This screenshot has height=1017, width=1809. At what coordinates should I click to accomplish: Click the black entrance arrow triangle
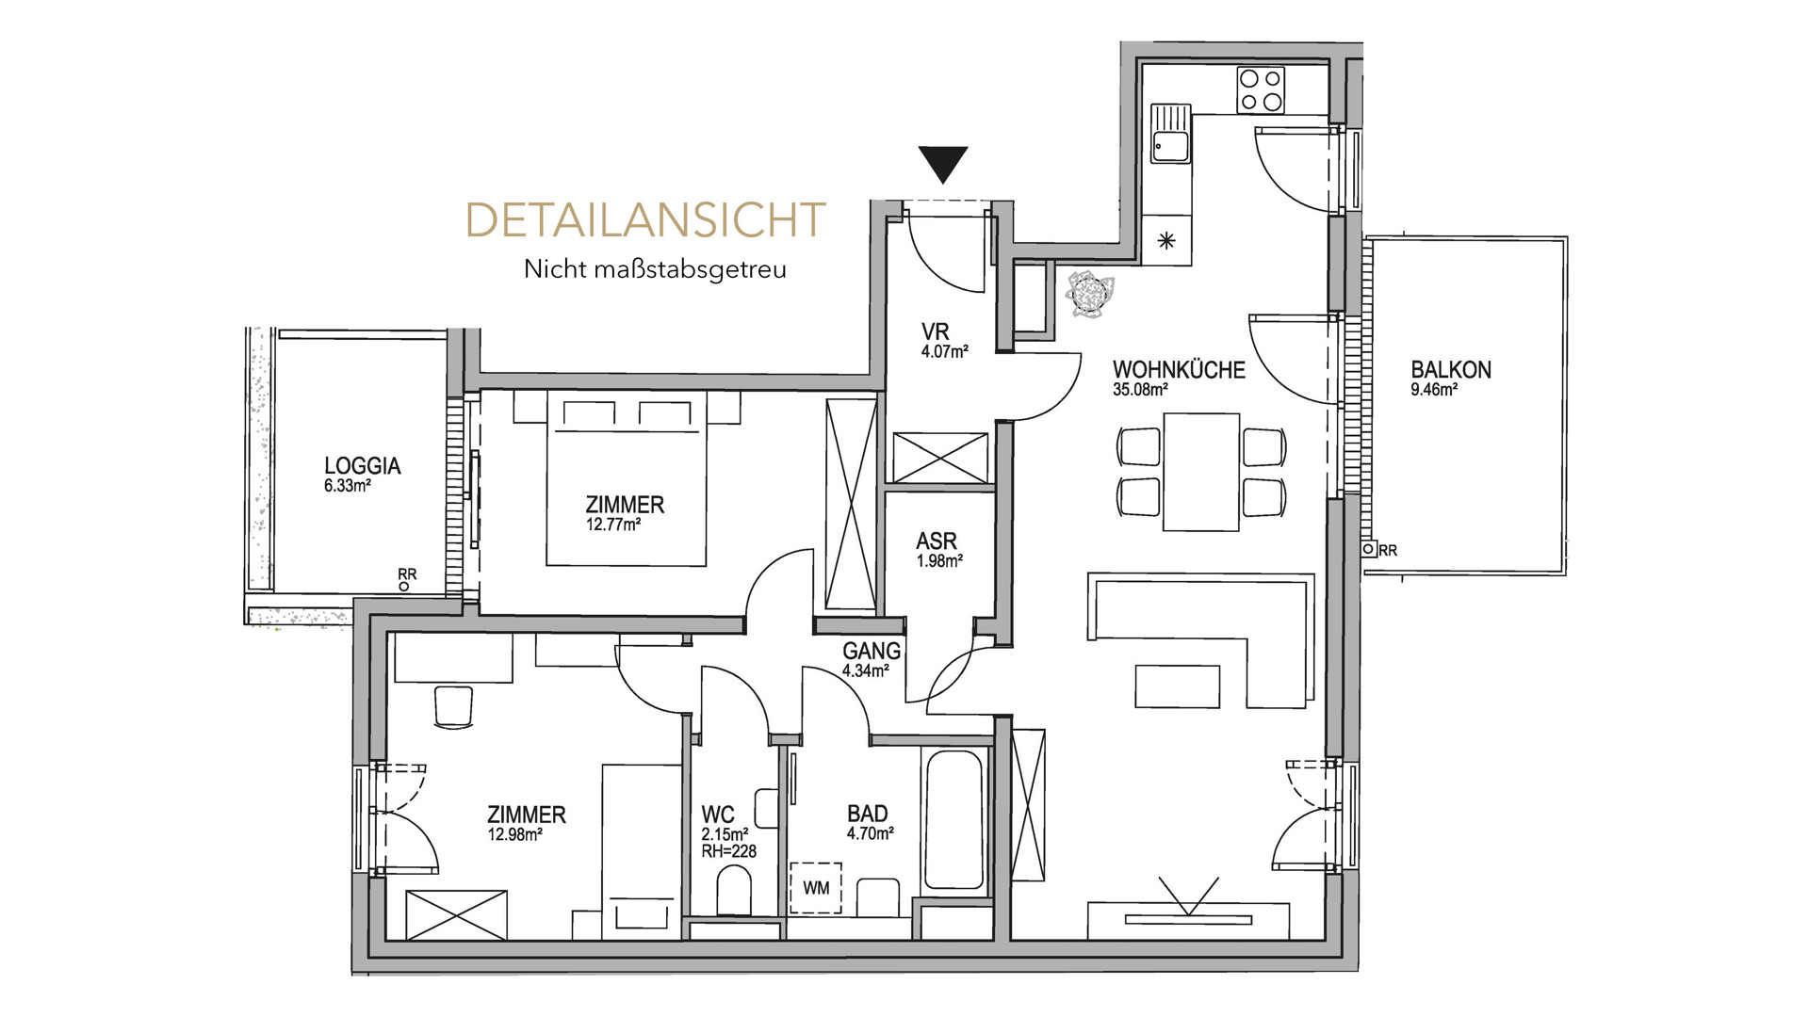[x=943, y=165]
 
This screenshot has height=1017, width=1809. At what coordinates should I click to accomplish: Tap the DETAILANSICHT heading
[x=646, y=219]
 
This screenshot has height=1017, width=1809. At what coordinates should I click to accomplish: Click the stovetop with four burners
[x=1261, y=90]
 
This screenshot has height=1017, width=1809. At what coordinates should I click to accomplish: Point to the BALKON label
[x=1451, y=369]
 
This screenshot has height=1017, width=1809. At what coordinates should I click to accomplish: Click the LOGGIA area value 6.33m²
[x=347, y=486]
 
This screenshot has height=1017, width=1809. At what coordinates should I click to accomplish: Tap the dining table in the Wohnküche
[x=1201, y=472]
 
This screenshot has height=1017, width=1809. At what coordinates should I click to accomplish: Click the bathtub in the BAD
[x=955, y=819]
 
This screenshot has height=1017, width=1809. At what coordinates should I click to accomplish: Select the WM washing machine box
[x=816, y=888]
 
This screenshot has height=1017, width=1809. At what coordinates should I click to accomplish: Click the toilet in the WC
[x=734, y=891]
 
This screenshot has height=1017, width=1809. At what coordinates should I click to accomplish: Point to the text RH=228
[x=729, y=851]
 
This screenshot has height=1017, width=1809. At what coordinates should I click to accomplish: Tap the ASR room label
[x=937, y=541]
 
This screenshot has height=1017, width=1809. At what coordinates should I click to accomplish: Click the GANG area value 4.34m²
[x=866, y=671]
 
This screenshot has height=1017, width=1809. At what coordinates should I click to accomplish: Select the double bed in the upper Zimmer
[x=627, y=479]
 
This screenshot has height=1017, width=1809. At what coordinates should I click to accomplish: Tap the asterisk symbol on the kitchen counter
[x=1166, y=241]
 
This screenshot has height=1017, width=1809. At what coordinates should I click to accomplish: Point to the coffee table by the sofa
[x=1178, y=686]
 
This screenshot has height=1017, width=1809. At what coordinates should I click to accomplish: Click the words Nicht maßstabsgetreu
[x=655, y=269]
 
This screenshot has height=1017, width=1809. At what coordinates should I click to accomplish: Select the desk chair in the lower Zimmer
[x=452, y=706]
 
